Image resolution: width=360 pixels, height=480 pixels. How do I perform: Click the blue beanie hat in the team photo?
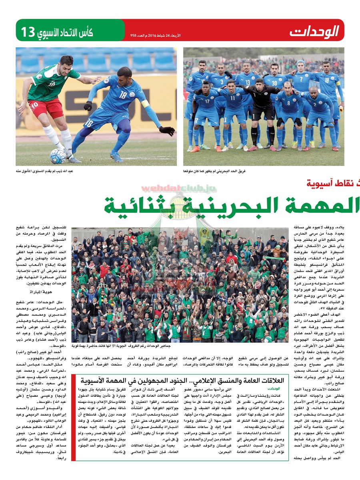coord(300,63)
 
